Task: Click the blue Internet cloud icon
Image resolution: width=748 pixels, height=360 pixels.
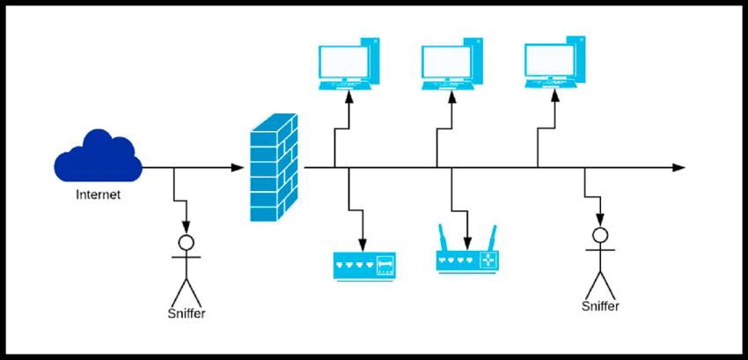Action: [98, 157]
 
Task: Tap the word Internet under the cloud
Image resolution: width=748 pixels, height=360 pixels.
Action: [98, 195]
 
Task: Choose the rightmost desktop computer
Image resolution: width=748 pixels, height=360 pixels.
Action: [555, 62]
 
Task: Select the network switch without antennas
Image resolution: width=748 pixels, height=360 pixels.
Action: [364, 264]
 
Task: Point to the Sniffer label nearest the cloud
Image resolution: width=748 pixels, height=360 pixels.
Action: [186, 313]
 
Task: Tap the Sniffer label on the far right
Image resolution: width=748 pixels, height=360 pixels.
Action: [600, 306]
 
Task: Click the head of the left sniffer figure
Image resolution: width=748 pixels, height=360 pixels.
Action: [186, 242]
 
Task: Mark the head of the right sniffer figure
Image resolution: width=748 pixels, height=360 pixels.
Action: [600, 235]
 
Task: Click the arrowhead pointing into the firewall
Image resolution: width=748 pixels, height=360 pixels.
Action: [238, 167]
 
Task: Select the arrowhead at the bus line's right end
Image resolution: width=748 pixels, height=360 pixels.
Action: [678, 167]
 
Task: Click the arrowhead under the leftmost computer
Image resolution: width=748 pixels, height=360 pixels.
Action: [349, 94]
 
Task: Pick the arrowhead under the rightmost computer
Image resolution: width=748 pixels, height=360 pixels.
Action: [555, 94]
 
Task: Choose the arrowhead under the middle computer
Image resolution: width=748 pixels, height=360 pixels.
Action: [453, 94]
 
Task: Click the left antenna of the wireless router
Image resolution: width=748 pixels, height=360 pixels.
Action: [442, 238]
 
